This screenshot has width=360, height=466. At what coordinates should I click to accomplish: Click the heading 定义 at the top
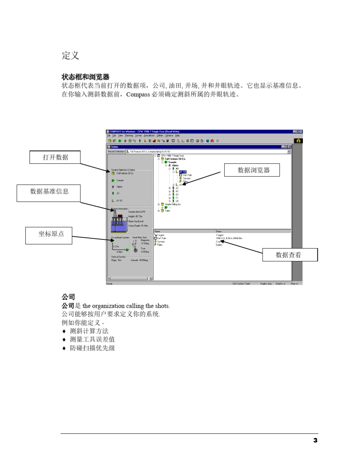pos(70,56)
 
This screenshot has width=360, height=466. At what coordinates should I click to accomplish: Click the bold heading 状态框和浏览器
pos(85,77)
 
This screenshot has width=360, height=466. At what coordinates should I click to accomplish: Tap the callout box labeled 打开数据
pos(55,157)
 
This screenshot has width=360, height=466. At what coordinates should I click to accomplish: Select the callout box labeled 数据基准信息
pos(49,191)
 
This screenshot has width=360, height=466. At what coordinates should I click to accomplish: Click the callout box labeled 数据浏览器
pos(252,170)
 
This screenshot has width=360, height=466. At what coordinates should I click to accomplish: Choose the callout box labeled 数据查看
pos(290,255)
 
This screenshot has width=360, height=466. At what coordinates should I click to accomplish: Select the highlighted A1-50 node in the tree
pos(183,172)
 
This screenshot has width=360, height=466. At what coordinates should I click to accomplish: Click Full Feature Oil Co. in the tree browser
pos(175,159)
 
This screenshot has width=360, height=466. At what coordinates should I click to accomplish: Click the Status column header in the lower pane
pos(219,231)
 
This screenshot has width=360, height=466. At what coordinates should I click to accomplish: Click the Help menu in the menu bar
pos(177,135)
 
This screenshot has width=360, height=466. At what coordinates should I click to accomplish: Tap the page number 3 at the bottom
pos(315,440)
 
